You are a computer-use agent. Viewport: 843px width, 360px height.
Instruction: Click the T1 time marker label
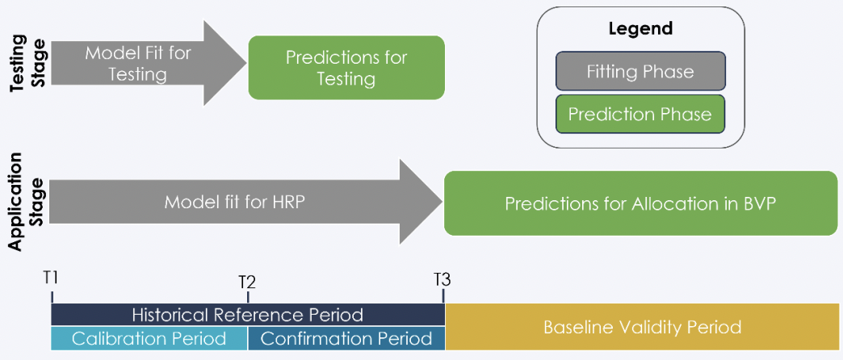click(51, 278)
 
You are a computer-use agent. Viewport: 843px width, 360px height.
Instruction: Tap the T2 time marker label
click(247, 282)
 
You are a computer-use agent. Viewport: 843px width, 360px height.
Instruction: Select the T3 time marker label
click(442, 279)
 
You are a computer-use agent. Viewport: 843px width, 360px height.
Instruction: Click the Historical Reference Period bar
click(248, 314)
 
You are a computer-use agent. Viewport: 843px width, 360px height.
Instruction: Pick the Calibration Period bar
click(149, 338)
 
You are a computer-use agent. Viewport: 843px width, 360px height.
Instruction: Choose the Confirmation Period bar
click(346, 338)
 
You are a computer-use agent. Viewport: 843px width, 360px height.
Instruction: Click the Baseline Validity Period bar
click(642, 327)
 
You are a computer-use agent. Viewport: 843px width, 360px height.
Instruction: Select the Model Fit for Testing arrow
click(149, 63)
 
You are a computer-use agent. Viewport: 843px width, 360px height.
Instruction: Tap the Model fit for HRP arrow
click(245, 202)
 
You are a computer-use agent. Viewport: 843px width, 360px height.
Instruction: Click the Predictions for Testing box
click(346, 67)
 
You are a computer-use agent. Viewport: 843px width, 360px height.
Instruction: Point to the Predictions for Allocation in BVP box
click(641, 203)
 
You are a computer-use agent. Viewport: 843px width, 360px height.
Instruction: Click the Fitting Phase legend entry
click(640, 72)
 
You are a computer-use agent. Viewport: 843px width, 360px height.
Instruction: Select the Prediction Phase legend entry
click(640, 114)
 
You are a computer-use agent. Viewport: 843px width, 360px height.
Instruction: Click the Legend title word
click(640, 28)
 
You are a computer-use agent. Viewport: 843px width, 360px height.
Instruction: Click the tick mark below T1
click(52, 297)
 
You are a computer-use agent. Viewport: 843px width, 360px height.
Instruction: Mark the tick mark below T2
click(247, 297)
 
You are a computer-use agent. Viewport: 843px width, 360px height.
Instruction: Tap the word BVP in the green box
click(758, 203)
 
